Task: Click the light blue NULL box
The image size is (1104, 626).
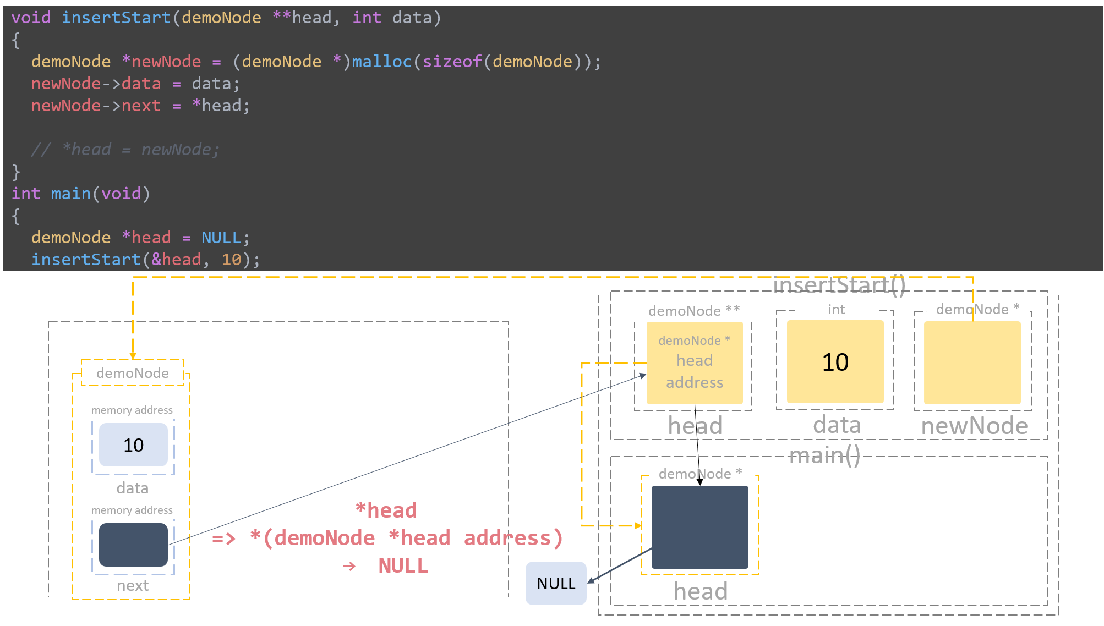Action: coord(556,583)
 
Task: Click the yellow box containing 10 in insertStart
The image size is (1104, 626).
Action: coord(835,362)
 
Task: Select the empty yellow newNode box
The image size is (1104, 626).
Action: coord(972,363)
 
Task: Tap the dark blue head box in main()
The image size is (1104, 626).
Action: coord(699,527)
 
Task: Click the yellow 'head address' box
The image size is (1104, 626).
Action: coord(695,363)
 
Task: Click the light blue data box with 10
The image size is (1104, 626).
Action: coord(133,444)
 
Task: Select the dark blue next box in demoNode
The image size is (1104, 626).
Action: coord(133,545)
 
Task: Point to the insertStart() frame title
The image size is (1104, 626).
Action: coord(839,285)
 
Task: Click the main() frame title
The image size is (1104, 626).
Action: coord(824,455)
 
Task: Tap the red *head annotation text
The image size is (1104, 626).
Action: coord(386,510)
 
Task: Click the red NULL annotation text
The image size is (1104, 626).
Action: coord(403,565)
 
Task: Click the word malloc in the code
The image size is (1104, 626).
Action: coord(381,62)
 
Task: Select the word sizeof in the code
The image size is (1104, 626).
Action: coord(452,62)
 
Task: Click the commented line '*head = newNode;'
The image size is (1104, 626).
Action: coord(140,150)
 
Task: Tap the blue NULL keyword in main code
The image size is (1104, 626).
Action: coord(221,238)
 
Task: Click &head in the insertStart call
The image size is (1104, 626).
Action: coord(176,260)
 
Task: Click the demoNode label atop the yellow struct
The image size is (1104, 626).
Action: coord(133,373)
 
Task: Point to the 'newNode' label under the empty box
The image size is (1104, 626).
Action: coord(974,426)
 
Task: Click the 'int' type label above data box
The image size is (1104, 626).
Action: coord(836,310)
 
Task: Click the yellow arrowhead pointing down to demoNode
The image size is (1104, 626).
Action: coord(133,356)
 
